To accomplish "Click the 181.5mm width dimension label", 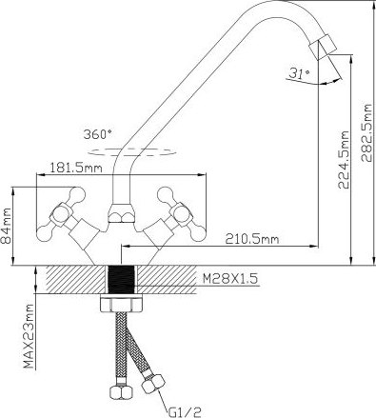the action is tap(76, 168).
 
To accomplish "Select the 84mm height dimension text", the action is tap(7, 226).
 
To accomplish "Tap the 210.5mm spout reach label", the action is tap(252, 239).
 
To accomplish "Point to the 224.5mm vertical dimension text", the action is tap(344, 160).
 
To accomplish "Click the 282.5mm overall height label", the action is tap(367, 132).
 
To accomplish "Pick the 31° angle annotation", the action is tap(300, 74).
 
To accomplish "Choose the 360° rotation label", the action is tap(98, 134).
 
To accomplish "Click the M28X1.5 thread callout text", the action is tap(230, 279).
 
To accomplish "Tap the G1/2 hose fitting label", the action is tap(185, 412).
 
